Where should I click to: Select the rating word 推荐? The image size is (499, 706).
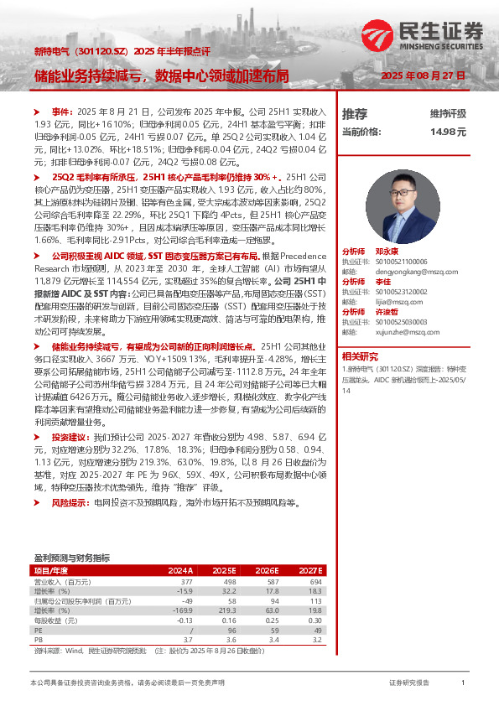[355, 113]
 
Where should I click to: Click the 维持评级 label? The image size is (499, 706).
[448, 113]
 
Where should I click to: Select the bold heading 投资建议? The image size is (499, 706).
[68, 438]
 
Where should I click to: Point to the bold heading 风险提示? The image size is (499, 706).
[68, 502]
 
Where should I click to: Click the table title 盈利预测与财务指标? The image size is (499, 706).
[71, 558]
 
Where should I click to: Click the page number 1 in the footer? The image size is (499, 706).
[463, 683]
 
